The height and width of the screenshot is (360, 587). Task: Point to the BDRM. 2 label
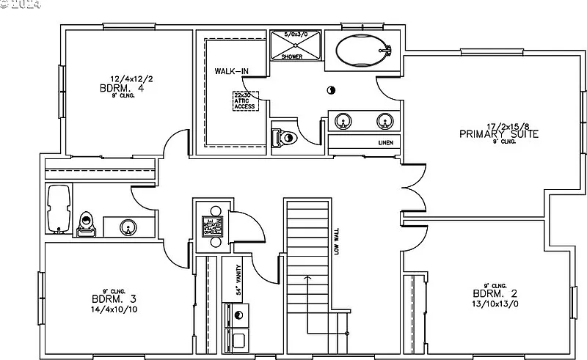(x=495, y=294)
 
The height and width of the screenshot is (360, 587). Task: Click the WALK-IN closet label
(x=230, y=72)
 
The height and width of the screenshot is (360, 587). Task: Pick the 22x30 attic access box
(x=244, y=101)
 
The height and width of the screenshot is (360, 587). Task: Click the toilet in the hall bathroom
(x=87, y=222)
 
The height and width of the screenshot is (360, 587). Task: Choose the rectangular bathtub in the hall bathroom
(x=59, y=210)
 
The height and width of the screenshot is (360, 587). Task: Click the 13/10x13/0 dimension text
(x=495, y=304)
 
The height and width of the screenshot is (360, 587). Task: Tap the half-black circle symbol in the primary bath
(x=331, y=90)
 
